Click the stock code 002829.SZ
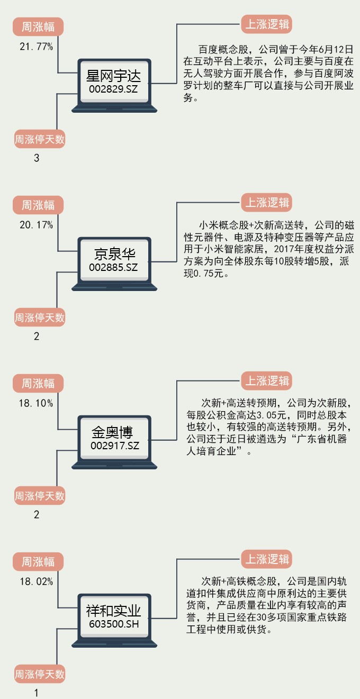coord(113,89)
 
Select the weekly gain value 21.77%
coord(36,47)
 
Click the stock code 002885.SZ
coord(113,268)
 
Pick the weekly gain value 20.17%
coord(36,225)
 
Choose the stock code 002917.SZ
coord(114,446)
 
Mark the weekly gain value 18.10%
coord(36,403)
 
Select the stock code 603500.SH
coord(113,624)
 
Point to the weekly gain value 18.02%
coord(36,582)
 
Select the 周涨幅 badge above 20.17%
coord(38,205)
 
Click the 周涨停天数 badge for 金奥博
coord(40,496)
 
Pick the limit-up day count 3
coord(37,158)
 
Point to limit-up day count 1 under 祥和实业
coord(37,693)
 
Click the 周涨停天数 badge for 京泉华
coord(40,318)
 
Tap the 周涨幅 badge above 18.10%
coord(38,383)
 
